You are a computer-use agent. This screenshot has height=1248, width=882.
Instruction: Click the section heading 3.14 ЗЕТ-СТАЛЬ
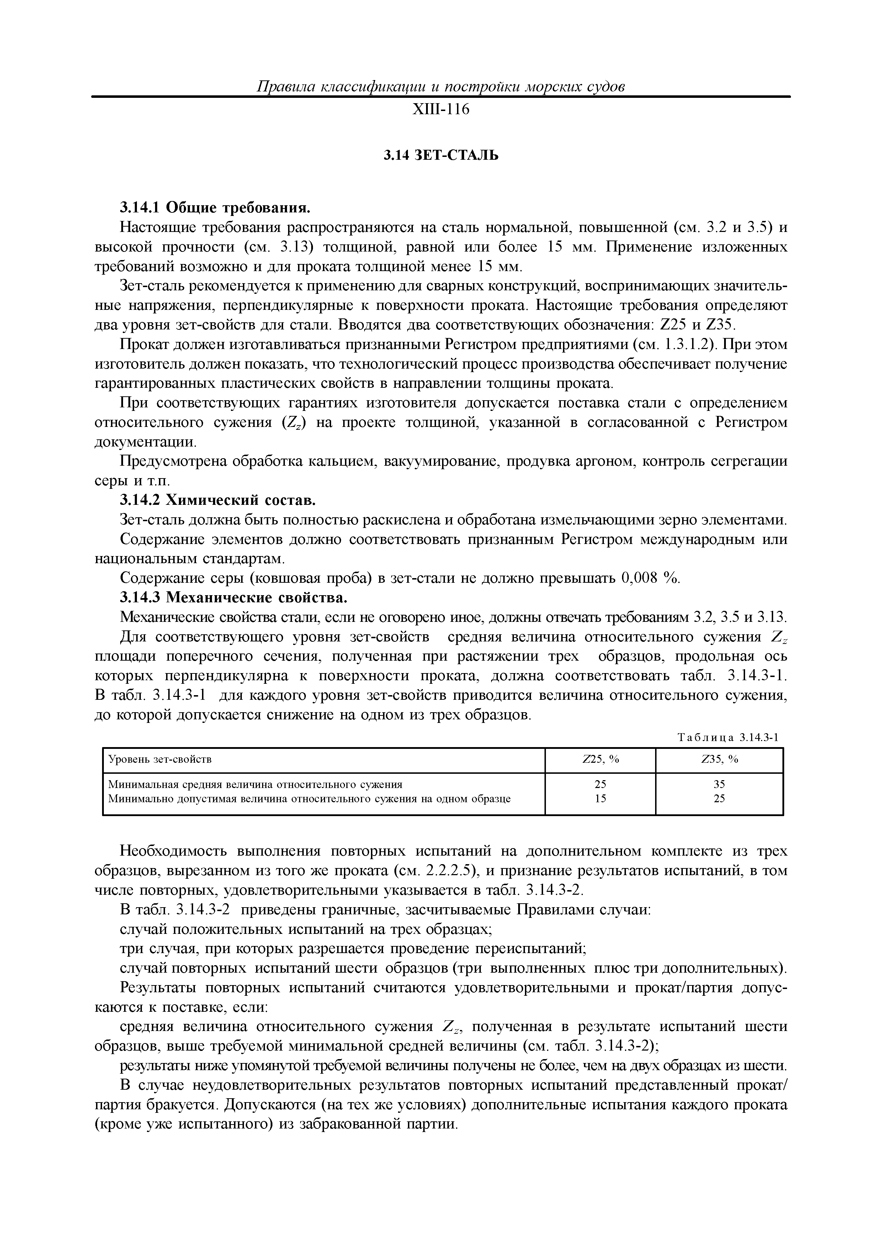[440, 155]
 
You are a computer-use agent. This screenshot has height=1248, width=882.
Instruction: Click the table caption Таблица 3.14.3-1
[728, 737]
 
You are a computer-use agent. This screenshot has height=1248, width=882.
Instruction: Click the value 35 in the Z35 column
[719, 784]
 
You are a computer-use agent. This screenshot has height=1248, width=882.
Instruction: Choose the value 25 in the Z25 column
[600, 784]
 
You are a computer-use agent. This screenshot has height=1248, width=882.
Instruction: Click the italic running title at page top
[440, 86]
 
